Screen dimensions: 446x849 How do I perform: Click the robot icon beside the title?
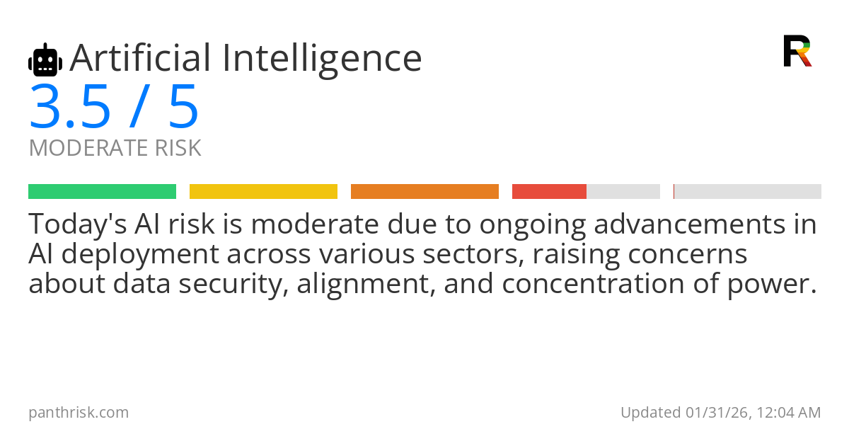coord(45,60)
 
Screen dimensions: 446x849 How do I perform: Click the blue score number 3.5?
coord(70,108)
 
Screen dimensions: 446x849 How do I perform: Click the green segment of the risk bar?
coord(102,192)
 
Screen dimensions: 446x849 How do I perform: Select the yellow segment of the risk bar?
coord(263,192)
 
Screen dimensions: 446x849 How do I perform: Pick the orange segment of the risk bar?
coord(424,192)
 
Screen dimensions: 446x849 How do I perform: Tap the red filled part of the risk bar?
coord(549,192)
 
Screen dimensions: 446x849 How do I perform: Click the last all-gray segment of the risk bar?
coord(748,192)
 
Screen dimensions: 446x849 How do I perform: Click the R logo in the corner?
coord(797,51)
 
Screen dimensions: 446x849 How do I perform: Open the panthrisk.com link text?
coord(79,413)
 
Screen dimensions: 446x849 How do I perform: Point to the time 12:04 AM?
coord(788,413)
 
